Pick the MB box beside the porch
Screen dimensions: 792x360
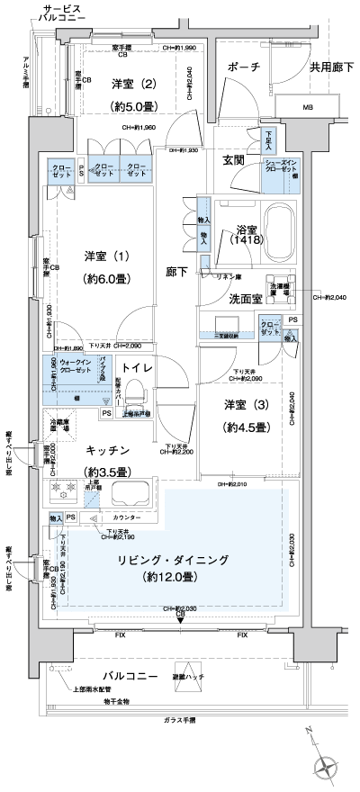pyautogui.click(x=308, y=109)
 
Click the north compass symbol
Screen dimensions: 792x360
pyautogui.click(x=324, y=765)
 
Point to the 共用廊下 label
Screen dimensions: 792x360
pyautogui.click(x=331, y=67)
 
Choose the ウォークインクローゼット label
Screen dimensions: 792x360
pyautogui.click(x=74, y=366)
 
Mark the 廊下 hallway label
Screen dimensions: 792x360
pyautogui.click(x=176, y=271)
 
